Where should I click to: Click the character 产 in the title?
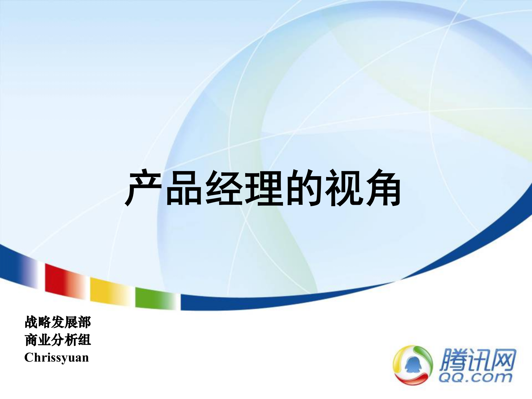144,188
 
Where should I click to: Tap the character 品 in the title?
184,188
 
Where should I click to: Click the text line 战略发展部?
58,322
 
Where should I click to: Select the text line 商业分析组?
58,340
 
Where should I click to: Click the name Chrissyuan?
57,358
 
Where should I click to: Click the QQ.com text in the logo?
475,377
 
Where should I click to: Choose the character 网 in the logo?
503,360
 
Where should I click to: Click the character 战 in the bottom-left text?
31,322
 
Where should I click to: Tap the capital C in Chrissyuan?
29,358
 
